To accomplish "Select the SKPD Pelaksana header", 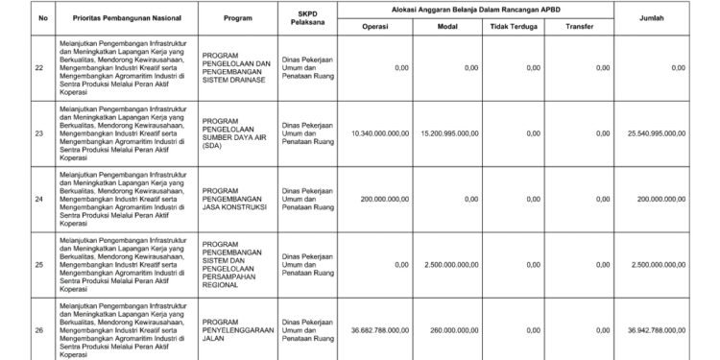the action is pos(309,18).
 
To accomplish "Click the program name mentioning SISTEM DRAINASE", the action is pos(238,67).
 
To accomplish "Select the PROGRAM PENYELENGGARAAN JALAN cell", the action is pos(239,329).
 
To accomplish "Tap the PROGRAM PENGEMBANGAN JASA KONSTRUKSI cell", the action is pos(237,198).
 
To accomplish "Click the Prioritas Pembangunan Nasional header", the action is pos(125,18).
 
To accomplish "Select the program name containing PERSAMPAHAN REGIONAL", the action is pos(238,263).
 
